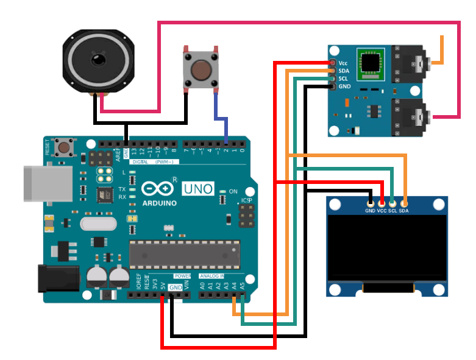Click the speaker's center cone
pyautogui.click(x=98, y=60)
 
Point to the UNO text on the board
pyautogui.click(x=198, y=188)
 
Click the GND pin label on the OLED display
pyautogui.click(x=370, y=211)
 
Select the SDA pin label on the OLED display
pyautogui.click(x=403, y=211)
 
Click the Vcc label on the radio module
pyautogui.click(x=343, y=63)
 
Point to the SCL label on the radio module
pyautogui.click(x=343, y=79)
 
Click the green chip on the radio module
pyautogui.click(x=369, y=63)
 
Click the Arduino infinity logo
pyautogui.click(x=154, y=188)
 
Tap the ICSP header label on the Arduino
pyautogui.click(x=246, y=200)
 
